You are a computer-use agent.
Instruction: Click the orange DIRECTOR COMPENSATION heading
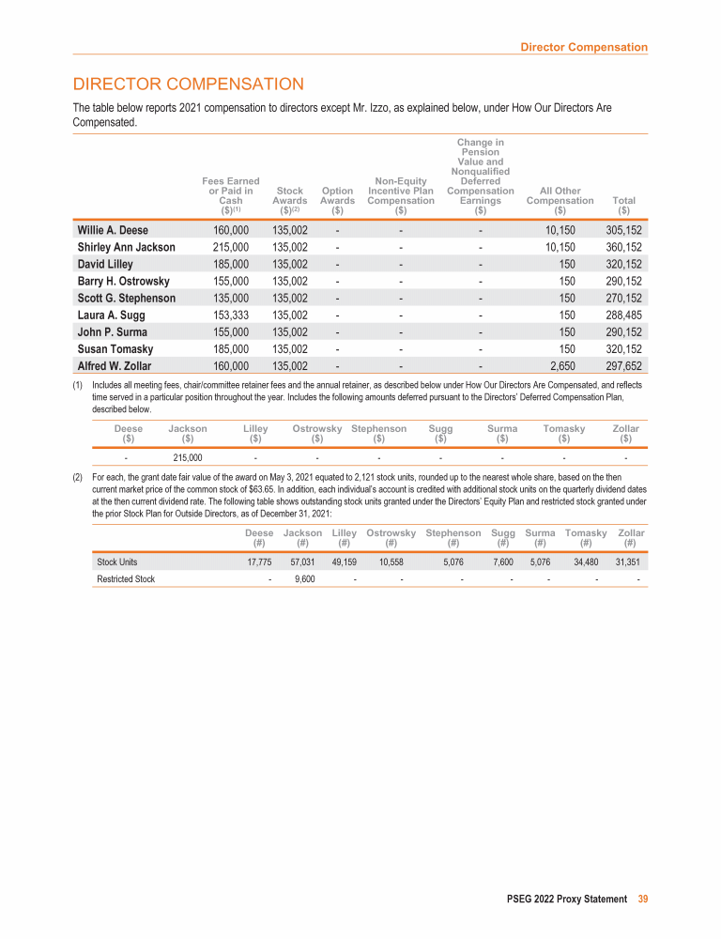[189, 85]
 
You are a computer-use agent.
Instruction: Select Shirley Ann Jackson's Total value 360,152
[623, 247]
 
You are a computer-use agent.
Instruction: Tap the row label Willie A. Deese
[113, 230]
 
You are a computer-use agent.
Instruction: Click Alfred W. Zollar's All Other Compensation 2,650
[560, 366]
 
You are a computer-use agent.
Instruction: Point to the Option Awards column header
[337, 200]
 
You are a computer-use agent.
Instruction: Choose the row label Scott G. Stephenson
[126, 299]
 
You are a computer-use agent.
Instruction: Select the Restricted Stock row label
[126, 579]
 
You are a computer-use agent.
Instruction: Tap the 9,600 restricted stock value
[302, 579]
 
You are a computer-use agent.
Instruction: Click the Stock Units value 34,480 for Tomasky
[586, 562]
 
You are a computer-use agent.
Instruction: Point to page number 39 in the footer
[643, 899]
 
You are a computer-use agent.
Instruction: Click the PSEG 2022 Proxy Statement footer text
[562, 899]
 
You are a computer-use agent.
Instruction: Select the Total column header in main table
[622, 205]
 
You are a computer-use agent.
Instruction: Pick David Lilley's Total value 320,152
[623, 264]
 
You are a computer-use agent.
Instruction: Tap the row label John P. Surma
[112, 332]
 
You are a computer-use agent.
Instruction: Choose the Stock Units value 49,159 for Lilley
[344, 562]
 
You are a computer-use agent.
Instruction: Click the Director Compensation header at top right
[584, 47]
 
